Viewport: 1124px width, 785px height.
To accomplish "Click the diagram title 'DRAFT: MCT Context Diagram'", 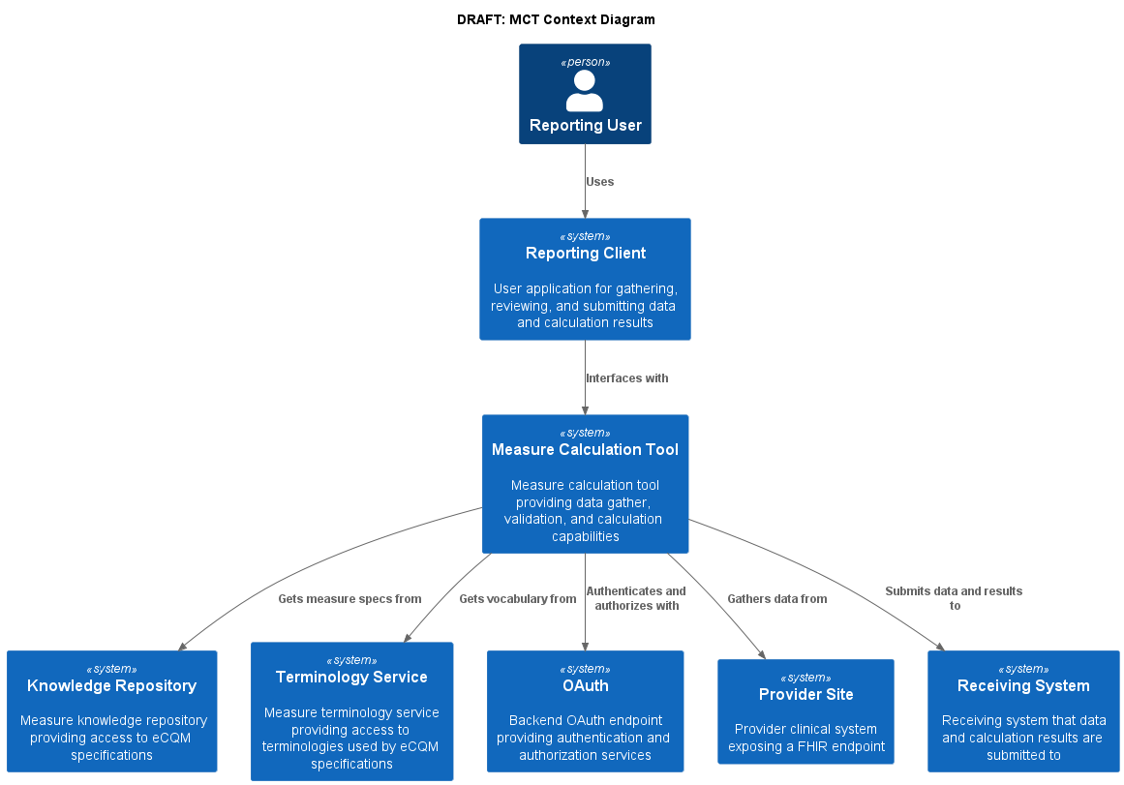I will pos(556,19).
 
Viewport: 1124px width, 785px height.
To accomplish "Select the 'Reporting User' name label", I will pos(585,126).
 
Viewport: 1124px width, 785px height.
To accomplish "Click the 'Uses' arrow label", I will pos(599,182).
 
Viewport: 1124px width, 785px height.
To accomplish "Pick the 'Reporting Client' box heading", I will pos(585,254).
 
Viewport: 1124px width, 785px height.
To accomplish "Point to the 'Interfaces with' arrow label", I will pos(626,378).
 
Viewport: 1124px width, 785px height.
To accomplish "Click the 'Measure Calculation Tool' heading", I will pos(585,450).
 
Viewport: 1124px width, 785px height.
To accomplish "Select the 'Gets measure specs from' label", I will pos(349,599).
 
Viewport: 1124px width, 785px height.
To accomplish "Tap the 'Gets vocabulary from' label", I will pos(517,599).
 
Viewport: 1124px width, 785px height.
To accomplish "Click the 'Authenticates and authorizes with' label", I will pos(636,598).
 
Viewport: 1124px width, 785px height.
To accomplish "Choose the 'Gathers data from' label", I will pos(776,599).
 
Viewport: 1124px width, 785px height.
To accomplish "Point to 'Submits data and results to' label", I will pos(954,598).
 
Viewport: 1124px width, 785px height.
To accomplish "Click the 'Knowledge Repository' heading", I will pos(111,686).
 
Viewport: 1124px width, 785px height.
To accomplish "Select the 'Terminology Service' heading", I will pos(351,678).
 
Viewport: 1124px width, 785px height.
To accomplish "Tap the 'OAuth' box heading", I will pos(585,686).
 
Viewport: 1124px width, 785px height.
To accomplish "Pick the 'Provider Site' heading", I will pos(805,695).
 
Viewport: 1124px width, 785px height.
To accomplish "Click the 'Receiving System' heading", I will pos(1023,686).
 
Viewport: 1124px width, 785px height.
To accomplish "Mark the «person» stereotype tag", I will pos(585,63).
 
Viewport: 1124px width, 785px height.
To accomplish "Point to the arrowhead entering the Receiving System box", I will pos(939,646).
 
